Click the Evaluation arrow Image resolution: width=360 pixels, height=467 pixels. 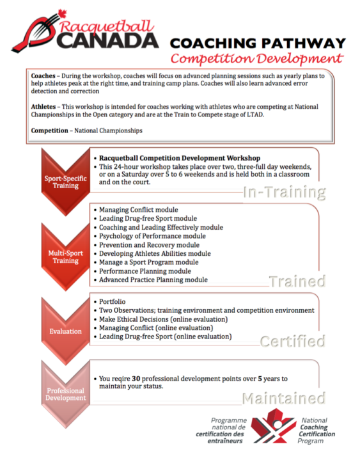pyautogui.click(x=62, y=331)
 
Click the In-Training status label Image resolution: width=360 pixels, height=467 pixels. pyautogui.click(x=285, y=191)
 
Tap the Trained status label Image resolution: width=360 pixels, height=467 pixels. pyautogui.click(x=297, y=280)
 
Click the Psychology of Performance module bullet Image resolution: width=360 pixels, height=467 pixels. pyautogui.click(x=152, y=236)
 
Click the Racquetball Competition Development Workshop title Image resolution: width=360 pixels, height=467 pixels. pyautogui.click(x=180, y=157)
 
